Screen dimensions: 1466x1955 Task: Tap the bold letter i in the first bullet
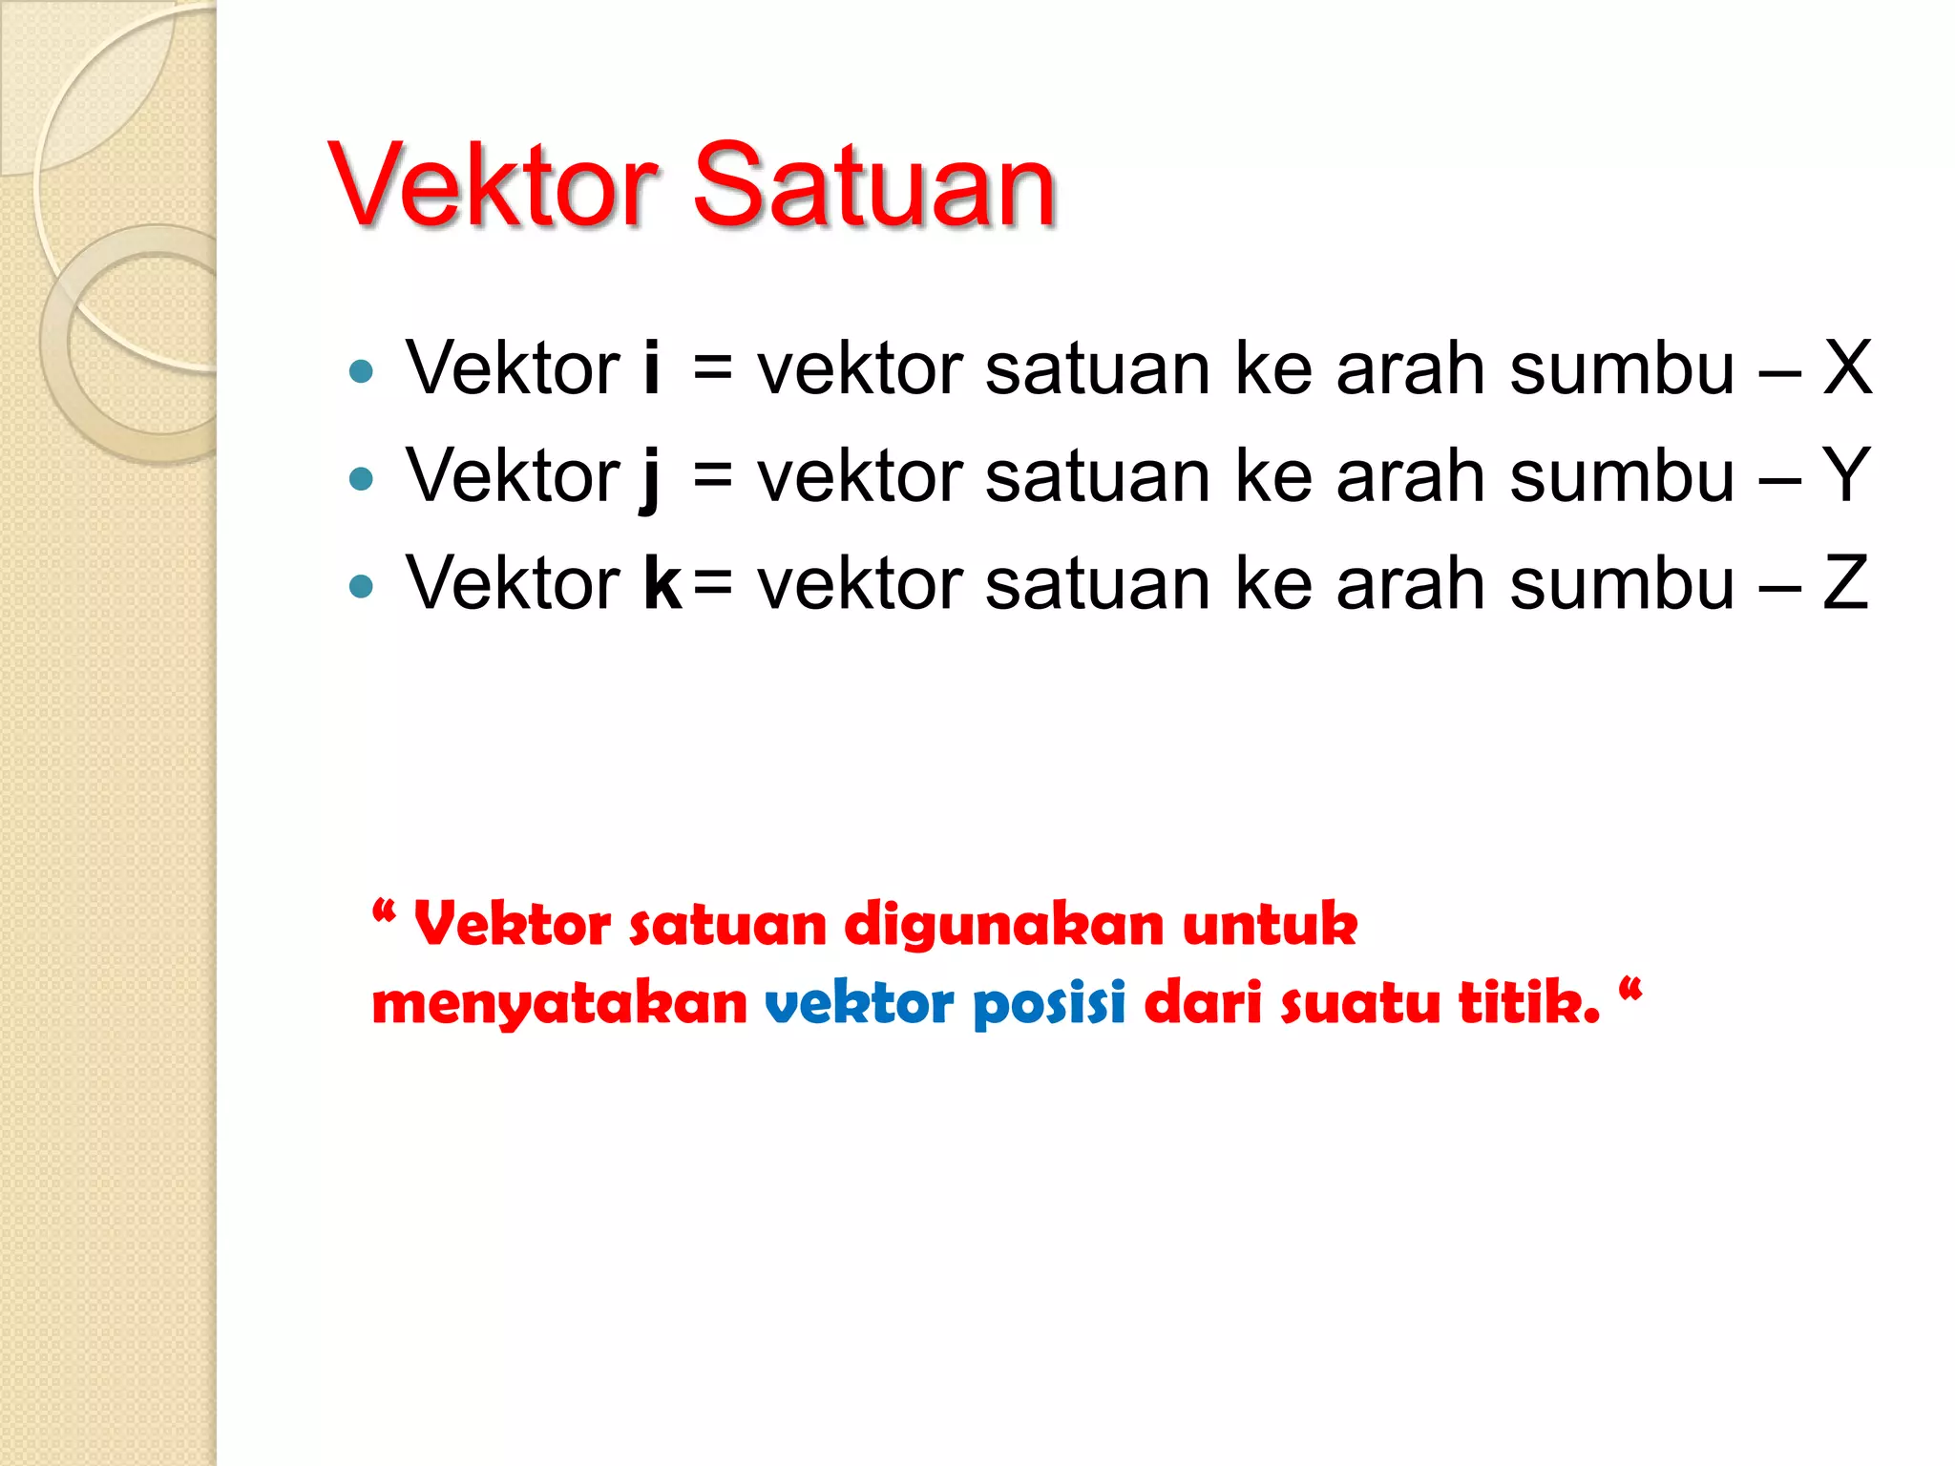click(652, 367)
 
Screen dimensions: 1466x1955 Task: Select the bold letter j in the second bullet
click(650, 477)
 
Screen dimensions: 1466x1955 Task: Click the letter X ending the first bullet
click(1847, 367)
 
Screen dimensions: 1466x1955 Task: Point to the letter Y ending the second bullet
click(1846, 474)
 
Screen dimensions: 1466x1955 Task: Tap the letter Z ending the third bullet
click(1845, 582)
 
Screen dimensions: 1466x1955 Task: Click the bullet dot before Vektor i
click(361, 371)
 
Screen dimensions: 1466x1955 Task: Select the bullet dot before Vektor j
click(361, 478)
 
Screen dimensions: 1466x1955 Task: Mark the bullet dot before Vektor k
click(361, 586)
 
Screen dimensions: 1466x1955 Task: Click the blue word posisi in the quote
click(1049, 1005)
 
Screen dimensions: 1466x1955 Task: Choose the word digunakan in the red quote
click(1003, 927)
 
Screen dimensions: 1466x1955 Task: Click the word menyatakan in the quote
click(559, 1005)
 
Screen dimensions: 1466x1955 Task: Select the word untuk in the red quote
click(1270, 925)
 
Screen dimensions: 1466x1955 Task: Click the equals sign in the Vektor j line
click(713, 476)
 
